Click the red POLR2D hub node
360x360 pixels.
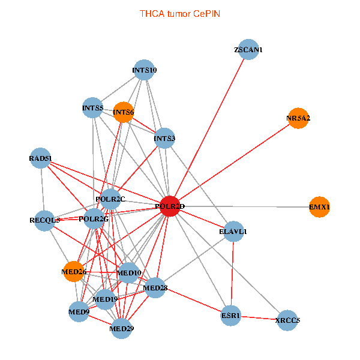(x=170, y=206)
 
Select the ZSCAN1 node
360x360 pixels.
(x=248, y=49)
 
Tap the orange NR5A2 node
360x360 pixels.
(x=298, y=118)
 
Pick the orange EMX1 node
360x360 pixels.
(x=319, y=207)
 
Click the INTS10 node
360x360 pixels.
(x=144, y=70)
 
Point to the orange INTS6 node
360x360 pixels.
(x=123, y=112)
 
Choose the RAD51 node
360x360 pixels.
(x=40, y=158)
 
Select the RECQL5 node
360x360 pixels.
(x=44, y=221)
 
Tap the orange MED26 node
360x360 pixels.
(x=73, y=272)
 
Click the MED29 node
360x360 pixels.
(x=121, y=329)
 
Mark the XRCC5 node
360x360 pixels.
(x=287, y=320)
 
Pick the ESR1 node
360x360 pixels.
(x=231, y=316)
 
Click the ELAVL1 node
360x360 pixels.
(x=233, y=232)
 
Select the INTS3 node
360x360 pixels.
(x=164, y=138)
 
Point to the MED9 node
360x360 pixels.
(x=79, y=312)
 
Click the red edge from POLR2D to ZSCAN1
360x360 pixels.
(x=209, y=128)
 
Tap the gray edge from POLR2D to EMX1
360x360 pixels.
(x=245, y=206)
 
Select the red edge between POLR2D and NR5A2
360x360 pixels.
(x=234, y=163)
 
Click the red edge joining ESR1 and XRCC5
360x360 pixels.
(x=259, y=318)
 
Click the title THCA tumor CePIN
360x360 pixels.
(x=180, y=14)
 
